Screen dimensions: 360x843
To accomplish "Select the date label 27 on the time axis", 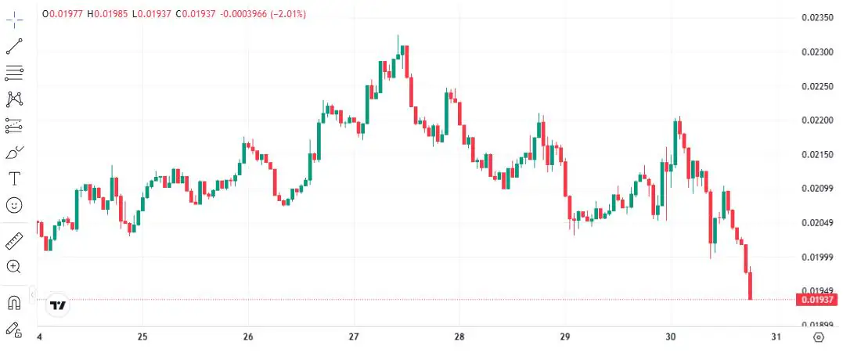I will pos(353,337).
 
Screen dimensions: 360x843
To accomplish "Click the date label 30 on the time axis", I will pos(670,337).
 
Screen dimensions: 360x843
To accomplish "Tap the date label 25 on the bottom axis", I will pos(142,337).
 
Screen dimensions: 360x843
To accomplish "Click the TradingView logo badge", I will pos(57,305).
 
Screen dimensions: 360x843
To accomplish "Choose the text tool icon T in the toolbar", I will pos(14,178).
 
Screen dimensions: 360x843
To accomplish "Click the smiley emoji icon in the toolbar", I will pos(14,205).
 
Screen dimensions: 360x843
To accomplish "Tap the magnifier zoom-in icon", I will pos(14,267).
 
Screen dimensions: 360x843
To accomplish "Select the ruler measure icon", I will pos(14,240).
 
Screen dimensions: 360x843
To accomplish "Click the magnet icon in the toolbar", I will pos(14,303).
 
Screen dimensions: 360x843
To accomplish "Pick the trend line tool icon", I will pos(14,46).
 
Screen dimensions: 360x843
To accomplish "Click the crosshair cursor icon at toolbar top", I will pos(14,19).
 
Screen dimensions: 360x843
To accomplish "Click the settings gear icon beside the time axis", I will pos(819,337).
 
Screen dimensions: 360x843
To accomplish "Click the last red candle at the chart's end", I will pos(750,285).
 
